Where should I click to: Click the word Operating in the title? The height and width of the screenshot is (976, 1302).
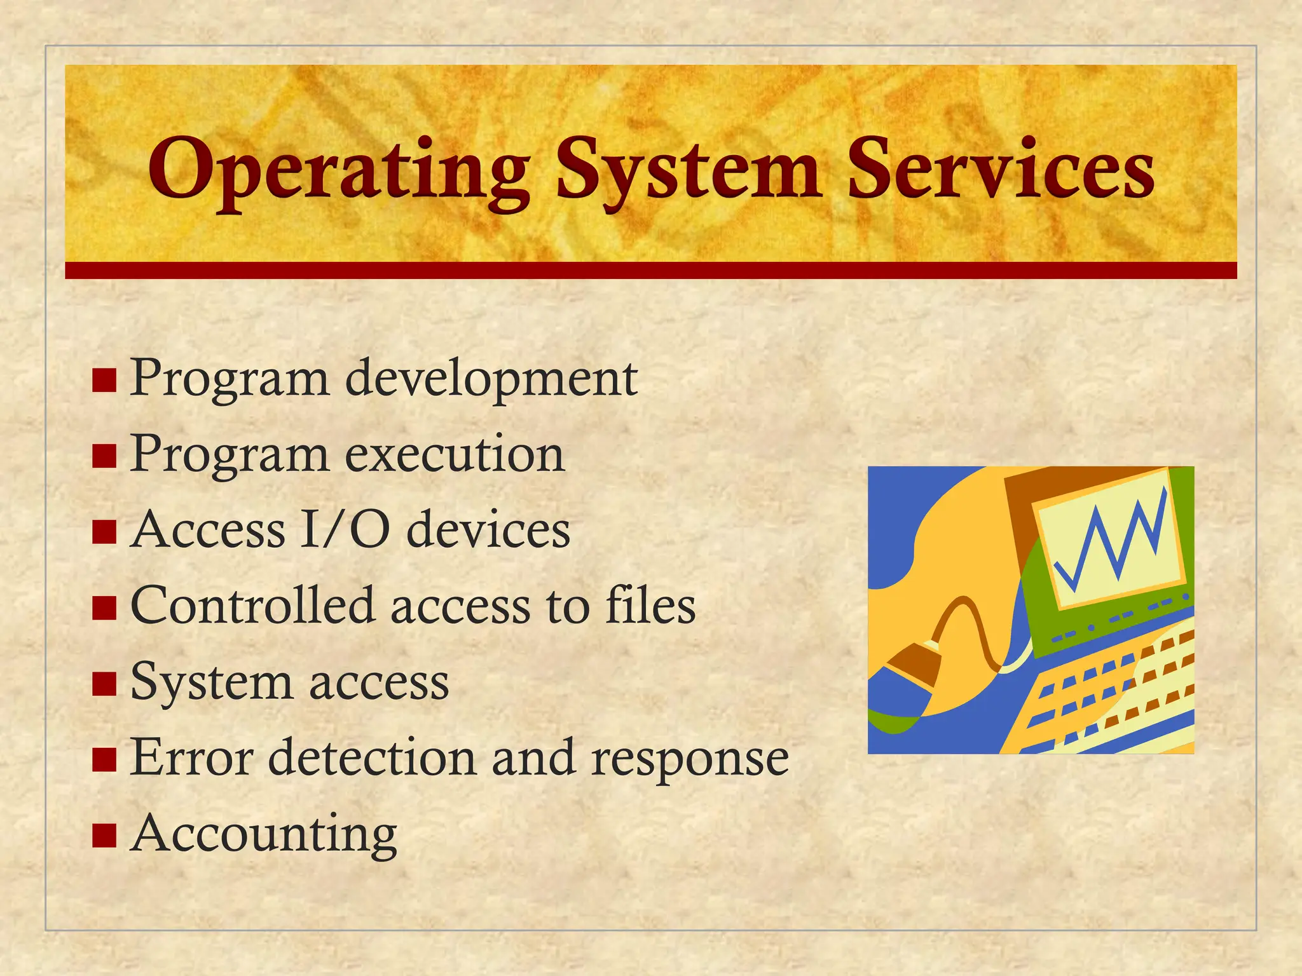tap(339, 170)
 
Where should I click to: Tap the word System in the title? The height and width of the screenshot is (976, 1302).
tap(687, 170)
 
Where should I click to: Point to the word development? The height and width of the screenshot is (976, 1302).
tap(491, 379)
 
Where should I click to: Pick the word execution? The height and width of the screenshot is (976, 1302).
tap(455, 455)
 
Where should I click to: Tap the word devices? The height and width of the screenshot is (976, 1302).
tap(488, 530)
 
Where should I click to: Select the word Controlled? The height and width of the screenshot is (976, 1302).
tap(252, 606)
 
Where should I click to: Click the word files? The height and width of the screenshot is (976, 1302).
tap(650, 606)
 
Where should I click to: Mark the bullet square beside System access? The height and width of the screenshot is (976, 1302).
tap(104, 684)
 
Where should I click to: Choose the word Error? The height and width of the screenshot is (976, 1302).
tap(191, 757)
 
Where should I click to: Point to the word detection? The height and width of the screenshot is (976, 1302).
tap(373, 757)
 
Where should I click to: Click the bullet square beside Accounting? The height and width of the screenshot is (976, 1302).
tap(104, 836)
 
